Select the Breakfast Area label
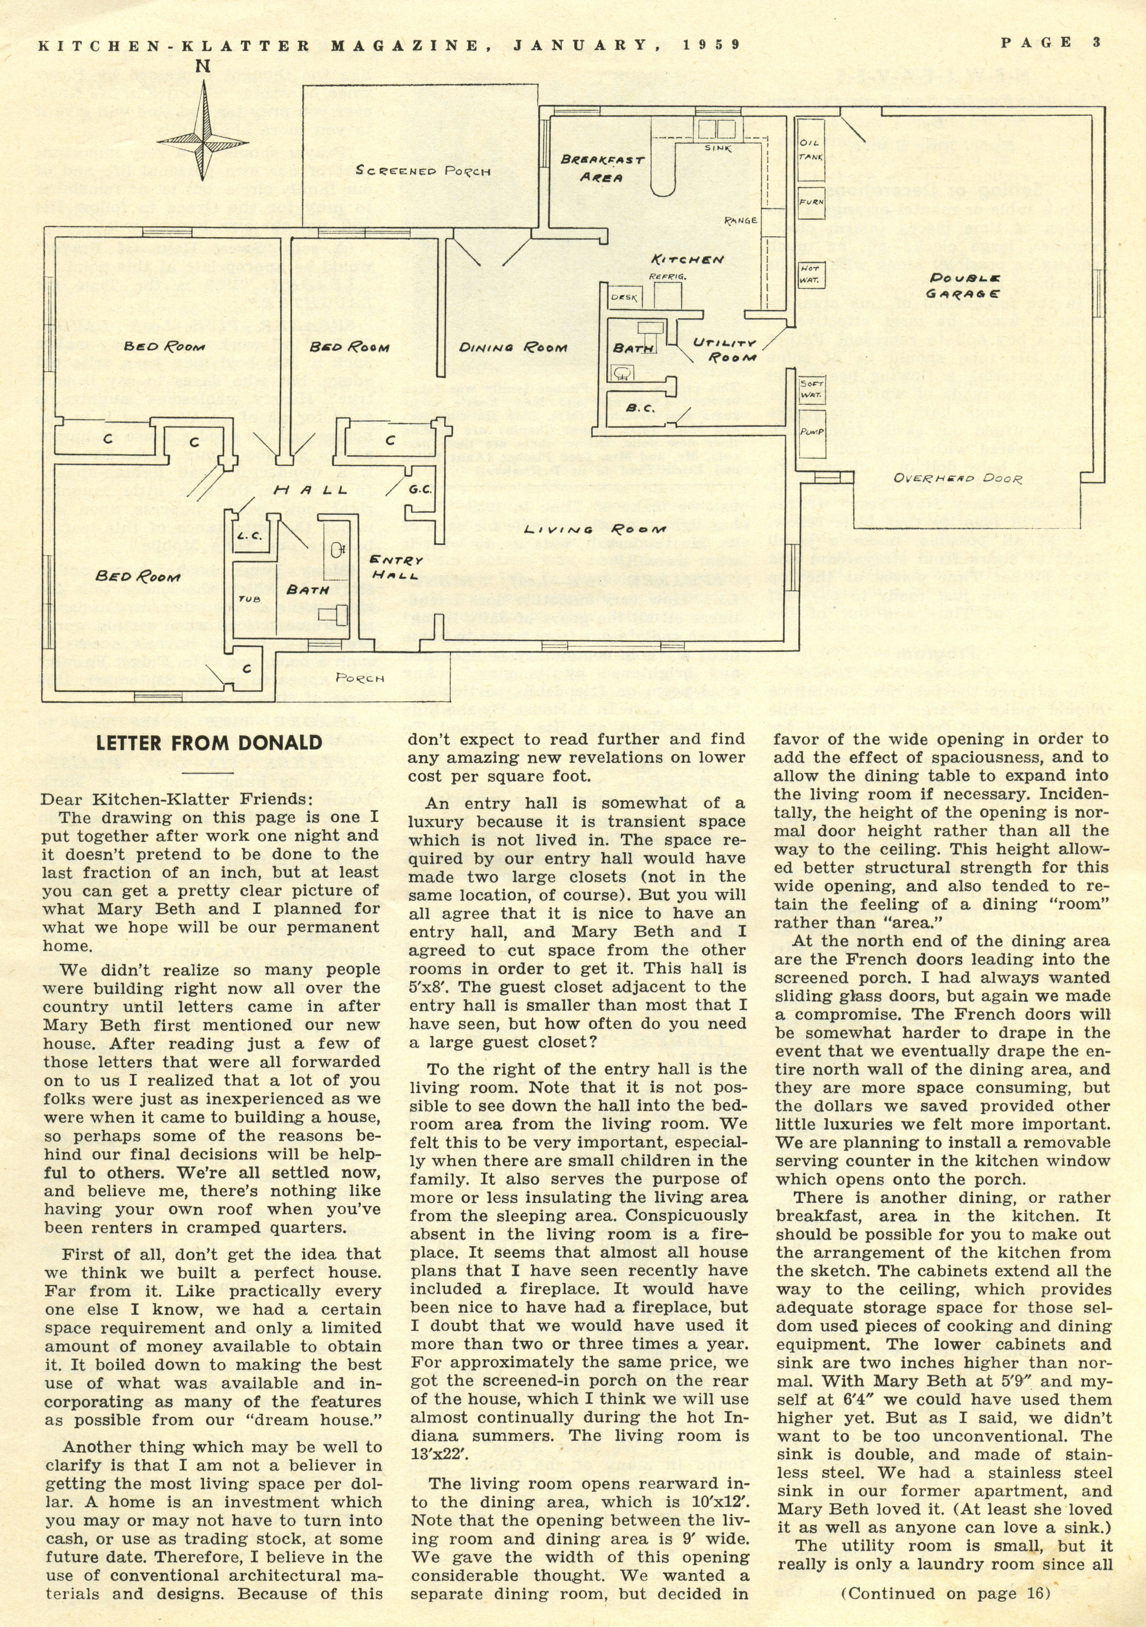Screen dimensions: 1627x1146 tap(602, 169)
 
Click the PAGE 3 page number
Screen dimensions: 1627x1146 tap(1050, 42)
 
